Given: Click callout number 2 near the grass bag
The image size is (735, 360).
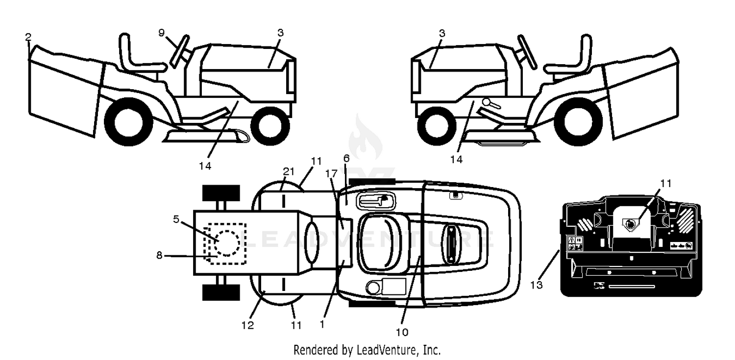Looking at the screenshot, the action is click(28, 37).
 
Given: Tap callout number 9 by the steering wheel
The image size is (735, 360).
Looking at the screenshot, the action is click(161, 33).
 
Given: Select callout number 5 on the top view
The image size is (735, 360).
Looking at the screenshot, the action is click(176, 219).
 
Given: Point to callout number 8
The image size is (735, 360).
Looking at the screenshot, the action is click(159, 255).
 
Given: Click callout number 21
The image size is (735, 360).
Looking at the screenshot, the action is click(289, 171).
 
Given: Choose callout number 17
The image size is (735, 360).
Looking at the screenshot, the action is click(331, 173).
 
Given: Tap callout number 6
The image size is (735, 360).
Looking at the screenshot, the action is click(346, 159).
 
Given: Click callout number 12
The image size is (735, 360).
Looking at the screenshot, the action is click(248, 325).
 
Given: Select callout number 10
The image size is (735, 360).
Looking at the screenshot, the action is click(402, 333).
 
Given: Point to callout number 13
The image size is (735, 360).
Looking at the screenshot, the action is click(537, 285).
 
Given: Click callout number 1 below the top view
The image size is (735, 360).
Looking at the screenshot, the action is click(322, 324).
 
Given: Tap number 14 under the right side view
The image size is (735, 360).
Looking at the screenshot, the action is click(456, 159).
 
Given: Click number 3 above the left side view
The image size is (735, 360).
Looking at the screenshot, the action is click(280, 33).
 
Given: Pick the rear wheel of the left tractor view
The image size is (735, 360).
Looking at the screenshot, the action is click(128, 122).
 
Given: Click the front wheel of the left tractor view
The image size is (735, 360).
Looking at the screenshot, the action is click(270, 125).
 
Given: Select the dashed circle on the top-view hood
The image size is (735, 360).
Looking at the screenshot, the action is click(226, 242).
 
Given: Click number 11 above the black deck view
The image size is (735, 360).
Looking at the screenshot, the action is click(666, 183).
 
